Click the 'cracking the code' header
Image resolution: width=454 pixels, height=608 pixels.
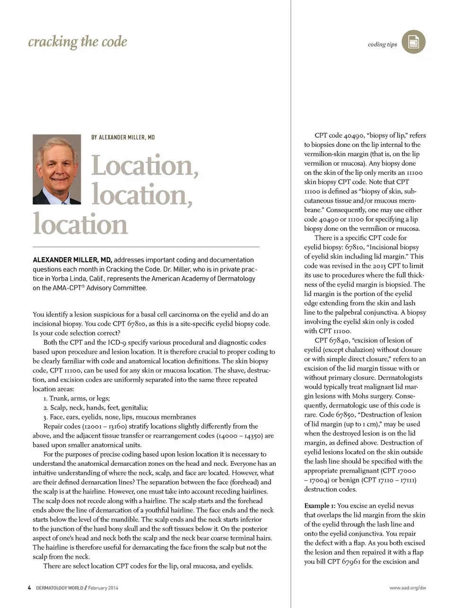tap(78, 42)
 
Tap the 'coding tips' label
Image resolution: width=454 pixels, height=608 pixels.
tap(382, 45)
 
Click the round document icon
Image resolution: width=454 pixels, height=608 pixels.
tap(413, 42)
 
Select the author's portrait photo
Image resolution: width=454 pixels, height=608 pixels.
tap(57, 170)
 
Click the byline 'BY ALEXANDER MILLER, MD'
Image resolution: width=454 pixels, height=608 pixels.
tap(123, 137)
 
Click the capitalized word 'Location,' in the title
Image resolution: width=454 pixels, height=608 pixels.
tap(145, 166)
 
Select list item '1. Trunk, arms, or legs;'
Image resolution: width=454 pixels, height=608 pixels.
tap(77, 398)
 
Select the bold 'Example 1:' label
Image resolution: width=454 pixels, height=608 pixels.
tap(320, 506)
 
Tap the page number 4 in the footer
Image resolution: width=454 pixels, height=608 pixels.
tap(29, 588)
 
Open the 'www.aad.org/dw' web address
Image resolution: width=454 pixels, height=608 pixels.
tap(407, 588)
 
